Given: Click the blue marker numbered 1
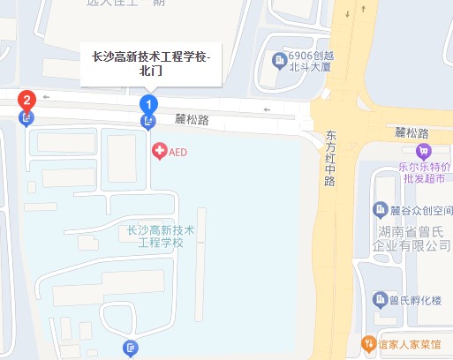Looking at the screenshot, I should click(x=147, y=104).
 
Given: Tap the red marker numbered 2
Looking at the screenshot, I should click(x=27, y=100).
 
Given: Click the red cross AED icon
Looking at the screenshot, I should click(x=159, y=152).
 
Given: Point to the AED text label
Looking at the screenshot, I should click(x=177, y=152).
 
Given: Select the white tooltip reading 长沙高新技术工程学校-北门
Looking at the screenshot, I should click(x=151, y=64).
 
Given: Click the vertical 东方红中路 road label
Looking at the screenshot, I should click(x=330, y=159).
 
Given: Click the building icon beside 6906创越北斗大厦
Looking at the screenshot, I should click(x=279, y=60).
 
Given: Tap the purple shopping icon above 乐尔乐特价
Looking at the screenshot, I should click(x=424, y=150).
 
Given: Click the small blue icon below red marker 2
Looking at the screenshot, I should click(x=26, y=117).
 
